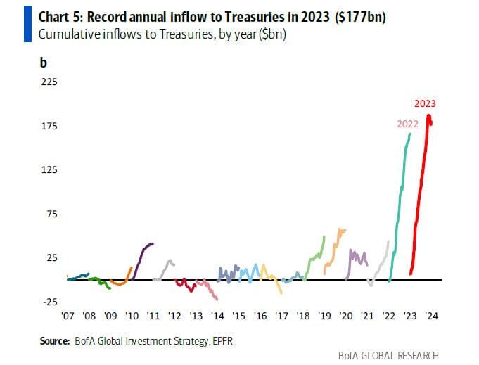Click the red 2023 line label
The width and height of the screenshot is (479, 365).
(x=426, y=103)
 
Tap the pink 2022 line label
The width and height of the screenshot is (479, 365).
(x=408, y=124)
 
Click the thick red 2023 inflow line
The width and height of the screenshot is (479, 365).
(x=421, y=197)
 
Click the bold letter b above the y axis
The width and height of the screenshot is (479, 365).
(x=44, y=62)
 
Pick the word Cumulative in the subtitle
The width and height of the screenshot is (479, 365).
(x=65, y=34)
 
